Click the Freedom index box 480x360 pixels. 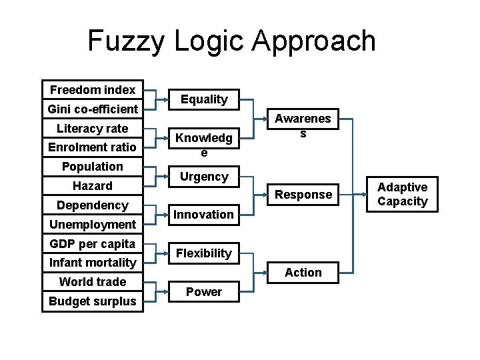tap(93, 89)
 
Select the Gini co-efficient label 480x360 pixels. tap(93, 109)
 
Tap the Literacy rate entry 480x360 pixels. tap(93, 128)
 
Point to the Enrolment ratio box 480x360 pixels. tap(93, 147)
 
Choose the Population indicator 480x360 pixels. tap(93, 166)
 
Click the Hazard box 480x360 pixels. tap(93, 185)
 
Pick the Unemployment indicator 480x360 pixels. tap(93, 224)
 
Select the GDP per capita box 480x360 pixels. tap(93, 243)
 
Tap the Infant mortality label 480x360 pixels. tap(93, 263)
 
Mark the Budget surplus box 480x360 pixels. tap(93, 301)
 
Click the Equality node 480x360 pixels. tap(204, 99)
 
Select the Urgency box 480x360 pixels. tap(204, 177)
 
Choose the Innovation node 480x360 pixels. tap(204, 214)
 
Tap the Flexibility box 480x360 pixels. tap(204, 253)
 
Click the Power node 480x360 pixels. tap(204, 291)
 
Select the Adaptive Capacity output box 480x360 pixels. tap(403, 194)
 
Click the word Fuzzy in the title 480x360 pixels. tap(127, 41)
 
